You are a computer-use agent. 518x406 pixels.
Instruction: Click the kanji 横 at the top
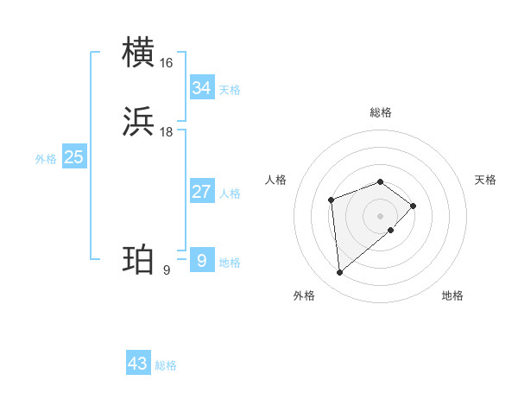(x=139, y=53)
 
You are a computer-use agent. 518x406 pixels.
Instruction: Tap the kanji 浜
(x=139, y=122)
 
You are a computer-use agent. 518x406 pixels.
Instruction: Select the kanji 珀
(x=139, y=260)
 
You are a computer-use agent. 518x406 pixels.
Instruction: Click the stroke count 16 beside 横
(x=167, y=63)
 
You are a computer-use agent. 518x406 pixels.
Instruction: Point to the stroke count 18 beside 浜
(x=167, y=132)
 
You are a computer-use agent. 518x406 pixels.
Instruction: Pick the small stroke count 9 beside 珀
(x=166, y=270)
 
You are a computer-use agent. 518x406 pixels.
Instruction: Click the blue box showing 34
(x=202, y=88)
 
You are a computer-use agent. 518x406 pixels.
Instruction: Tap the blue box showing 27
(x=202, y=192)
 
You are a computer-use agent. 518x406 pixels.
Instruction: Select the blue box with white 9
(x=202, y=260)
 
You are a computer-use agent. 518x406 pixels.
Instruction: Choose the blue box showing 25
(x=74, y=157)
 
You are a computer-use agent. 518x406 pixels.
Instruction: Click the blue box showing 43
(x=138, y=364)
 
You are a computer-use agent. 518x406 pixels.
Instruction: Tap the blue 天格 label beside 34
(x=230, y=90)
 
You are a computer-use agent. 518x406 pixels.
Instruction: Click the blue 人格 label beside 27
(x=230, y=193)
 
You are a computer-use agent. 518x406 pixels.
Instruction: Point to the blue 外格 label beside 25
(x=46, y=159)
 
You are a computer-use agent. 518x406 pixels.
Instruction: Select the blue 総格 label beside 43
(x=166, y=365)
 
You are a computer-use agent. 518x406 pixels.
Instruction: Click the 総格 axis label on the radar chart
(x=381, y=112)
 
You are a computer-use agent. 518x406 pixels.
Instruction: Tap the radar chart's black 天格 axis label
(x=485, y=180)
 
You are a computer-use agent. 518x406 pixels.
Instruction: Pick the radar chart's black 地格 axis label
(x=452, y=295)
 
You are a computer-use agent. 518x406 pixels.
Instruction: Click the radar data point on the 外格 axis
(x=340, y=273)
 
